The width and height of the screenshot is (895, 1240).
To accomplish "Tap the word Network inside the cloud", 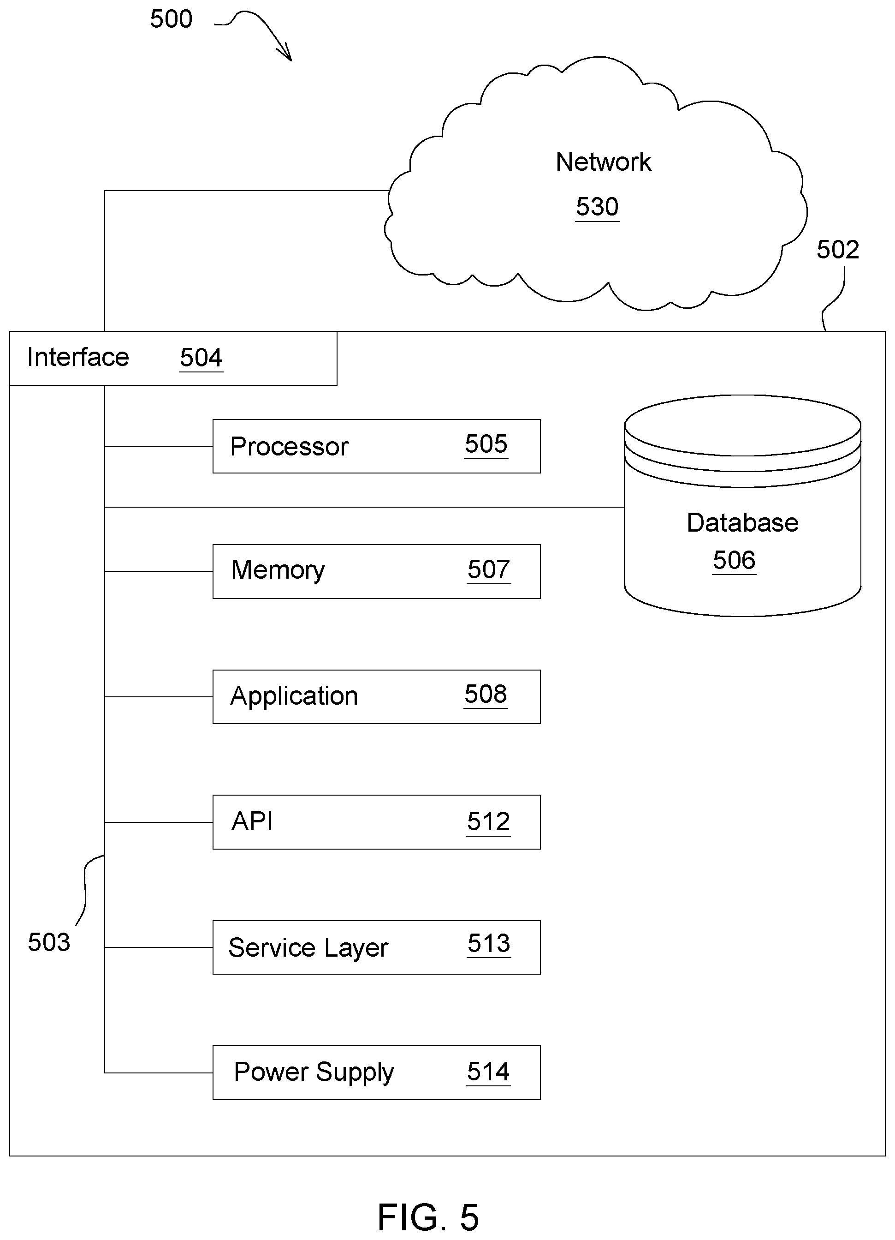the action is tap(603, 162).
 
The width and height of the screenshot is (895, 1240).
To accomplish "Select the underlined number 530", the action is tap(597, 207).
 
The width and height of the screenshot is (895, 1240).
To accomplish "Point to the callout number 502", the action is tap(838, 250).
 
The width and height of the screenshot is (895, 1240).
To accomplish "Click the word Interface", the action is tap(78, 357).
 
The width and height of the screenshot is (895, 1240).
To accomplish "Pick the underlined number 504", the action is tap(201, 358).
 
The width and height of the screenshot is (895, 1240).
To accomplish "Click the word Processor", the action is tap(289, 447).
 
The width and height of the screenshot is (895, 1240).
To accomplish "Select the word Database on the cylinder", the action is tap(742, 523).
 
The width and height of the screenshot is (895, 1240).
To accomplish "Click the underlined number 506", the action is tap(735, 560).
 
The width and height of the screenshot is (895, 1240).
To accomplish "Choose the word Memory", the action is tap(278, 570).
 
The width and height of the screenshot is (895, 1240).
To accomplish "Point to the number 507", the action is tap(488, 570).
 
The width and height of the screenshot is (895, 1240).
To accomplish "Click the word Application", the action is tap(294, 696).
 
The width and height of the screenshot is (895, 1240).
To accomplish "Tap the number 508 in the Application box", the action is tap(486, 695).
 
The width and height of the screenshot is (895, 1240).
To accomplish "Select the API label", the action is tap(252, 821).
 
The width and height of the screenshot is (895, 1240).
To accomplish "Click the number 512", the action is tap(488, 822).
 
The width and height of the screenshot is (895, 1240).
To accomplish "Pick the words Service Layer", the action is tap(308, 947).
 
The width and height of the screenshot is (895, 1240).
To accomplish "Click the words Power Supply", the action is tap(314, 1072).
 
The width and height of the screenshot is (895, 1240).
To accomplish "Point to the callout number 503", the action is tap(49, 942).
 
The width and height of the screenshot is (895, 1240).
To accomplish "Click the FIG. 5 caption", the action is tap(428, 1217).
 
